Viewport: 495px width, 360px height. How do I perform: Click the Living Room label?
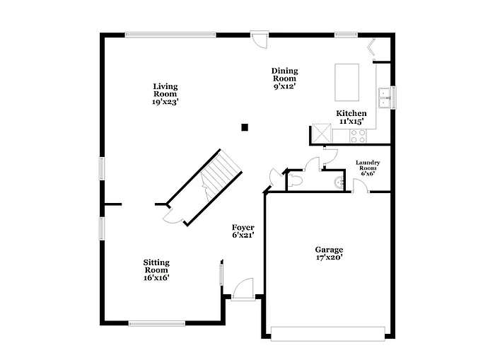click(x=165, y=94)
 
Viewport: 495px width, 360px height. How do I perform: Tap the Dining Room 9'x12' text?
click(x=284, y=79)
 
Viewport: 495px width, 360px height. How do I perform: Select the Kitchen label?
click(x=351, y=117)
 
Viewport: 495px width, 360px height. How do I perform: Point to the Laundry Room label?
click(x=368, y=168)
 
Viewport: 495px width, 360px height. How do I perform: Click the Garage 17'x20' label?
click(x=329, y=254)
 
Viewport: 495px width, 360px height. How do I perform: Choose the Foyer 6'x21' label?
click(x=243, y=231)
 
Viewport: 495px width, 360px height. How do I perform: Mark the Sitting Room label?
click(x=156, y=270)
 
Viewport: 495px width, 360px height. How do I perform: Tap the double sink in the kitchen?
click(x=385, y=98)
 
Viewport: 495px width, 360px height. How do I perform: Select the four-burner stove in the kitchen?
click(x=358, y=135)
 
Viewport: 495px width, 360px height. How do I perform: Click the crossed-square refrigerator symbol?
click(x=322, y=134)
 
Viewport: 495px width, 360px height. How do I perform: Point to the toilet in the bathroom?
click(x=295, y=181)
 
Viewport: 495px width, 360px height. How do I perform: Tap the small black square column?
click(x=245, y=127)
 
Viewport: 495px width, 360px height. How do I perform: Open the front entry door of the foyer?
click(x=243, y=289)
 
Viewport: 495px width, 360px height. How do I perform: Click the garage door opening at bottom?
click(x=327, y=333)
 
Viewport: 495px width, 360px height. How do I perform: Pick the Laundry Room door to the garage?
click(x=360, y=186)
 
